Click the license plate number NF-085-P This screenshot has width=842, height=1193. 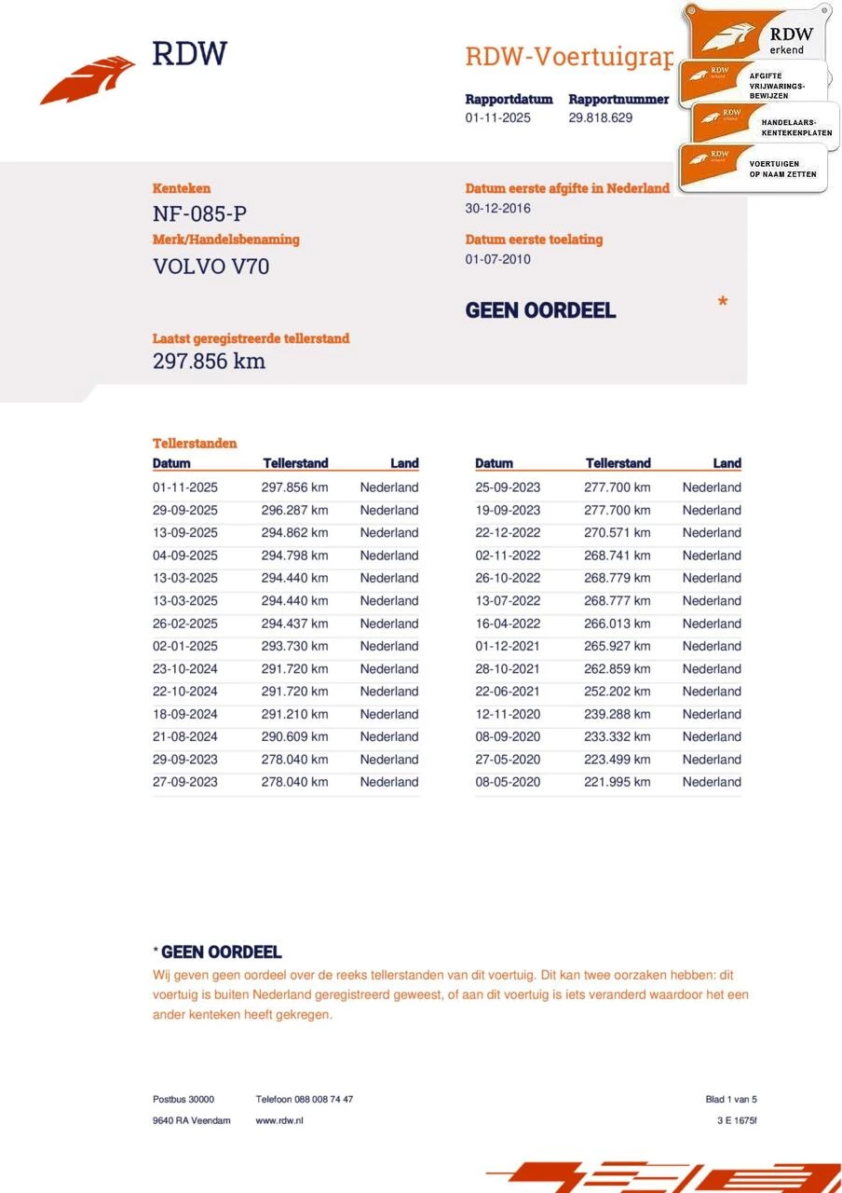[x=199, y=214]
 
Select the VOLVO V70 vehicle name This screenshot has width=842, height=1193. [x=211, y=267]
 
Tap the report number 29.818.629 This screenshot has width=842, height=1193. [x=600, y=117]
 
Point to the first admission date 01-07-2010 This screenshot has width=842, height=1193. [x=497, y=259]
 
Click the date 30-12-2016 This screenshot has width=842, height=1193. [x=497, y=208]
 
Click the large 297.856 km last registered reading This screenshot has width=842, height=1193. [x=209, y=362]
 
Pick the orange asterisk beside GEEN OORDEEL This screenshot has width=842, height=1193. [x=723, y=303]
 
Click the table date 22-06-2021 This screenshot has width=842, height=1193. [x=508, y=692]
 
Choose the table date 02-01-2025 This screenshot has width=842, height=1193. [x=185, y=646]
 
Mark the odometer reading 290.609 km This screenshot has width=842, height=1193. [x=294, y=736]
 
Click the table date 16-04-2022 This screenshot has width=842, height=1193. [x=508, y=624]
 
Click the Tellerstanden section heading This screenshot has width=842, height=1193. [x=195, y=444]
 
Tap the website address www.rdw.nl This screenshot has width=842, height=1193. [x=279, y=1120]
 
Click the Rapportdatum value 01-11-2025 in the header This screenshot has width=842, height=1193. [x=497, y=117]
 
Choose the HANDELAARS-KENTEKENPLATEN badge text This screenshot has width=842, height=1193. [x=795, y=128]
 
